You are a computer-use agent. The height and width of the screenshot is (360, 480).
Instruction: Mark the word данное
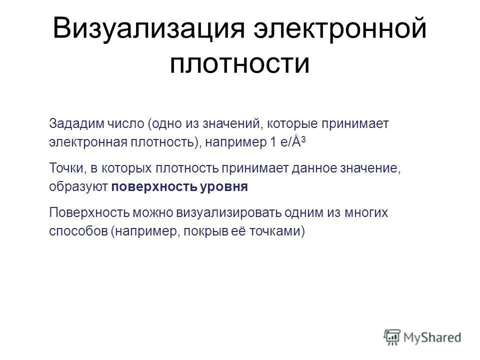click(320, 167)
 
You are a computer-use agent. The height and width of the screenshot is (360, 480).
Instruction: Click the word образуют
click(78, 186)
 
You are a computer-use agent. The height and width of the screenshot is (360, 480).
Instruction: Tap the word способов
click(78, 231)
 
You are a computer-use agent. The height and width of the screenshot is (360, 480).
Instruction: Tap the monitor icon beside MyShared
click(392, 337)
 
